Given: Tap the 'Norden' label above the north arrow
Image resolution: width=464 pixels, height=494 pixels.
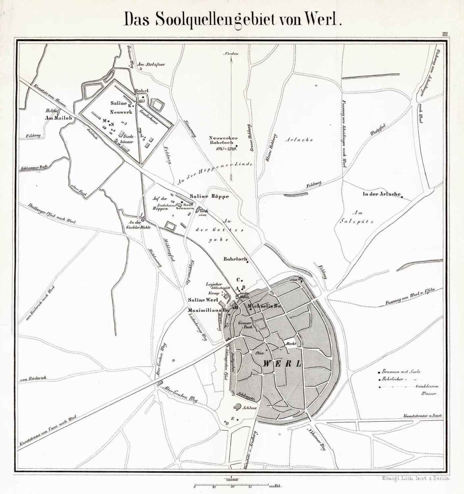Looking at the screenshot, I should (232, 54).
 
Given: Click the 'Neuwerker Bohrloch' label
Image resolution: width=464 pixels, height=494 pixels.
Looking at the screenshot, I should (223, 141).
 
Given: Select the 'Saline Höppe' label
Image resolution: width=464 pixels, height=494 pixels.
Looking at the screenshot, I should (209, 196).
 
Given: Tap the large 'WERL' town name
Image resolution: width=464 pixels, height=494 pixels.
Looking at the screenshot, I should (283, 364).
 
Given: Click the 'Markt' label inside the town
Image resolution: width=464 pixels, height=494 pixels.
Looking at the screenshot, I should (291, 344).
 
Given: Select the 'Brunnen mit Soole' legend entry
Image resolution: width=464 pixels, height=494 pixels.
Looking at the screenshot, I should (400, 371).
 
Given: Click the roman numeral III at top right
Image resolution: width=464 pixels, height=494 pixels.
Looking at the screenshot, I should (446, 34).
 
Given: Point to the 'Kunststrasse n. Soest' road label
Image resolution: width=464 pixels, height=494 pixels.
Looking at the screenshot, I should (423, 417).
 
